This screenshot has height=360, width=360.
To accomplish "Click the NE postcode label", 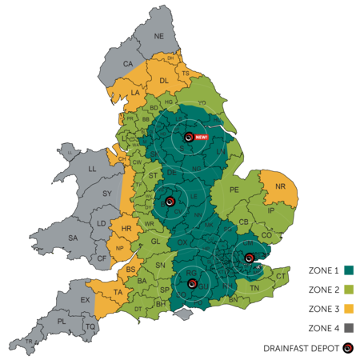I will click(x=158, y=37).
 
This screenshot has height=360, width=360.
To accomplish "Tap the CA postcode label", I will click(x=128, y=64).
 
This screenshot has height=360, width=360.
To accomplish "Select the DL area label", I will click(x=164, y=81).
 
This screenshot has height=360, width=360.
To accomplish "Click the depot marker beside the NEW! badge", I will click(x=188, y=138).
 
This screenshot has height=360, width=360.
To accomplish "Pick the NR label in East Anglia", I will click(x=280, y=187).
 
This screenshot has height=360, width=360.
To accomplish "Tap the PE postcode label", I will click(x=234, y=190).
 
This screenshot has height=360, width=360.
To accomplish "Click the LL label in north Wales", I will click(x=92, y=170).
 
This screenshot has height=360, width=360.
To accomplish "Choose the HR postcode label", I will click(x=126, y=228).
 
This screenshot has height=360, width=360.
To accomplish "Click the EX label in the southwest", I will click(x=86, y=300).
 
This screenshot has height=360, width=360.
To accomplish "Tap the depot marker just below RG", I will click(x=192, y=283).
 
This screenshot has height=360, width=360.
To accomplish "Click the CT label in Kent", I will click(x=281, y=276).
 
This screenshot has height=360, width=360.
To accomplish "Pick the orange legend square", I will click(x=349, y=308).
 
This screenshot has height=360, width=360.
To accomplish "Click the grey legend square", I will click(x=349, y=327).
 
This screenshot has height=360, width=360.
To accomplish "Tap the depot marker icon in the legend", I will click(x=348, y=348).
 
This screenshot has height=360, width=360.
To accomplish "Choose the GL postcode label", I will click(x=155, y=241).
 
